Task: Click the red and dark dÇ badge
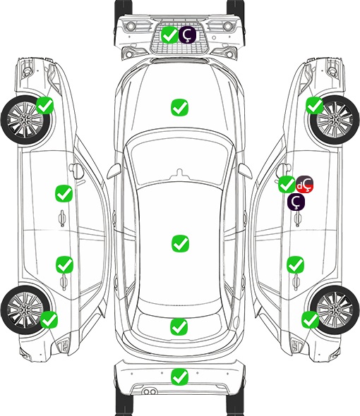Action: point(305,184)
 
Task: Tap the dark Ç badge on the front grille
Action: point(187,35)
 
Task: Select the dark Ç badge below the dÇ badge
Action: point(296,202)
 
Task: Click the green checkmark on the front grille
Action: point(169,35)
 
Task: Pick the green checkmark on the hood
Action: point(179,107)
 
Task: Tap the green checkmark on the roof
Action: point(180,243)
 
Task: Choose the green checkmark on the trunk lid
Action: point(179,326)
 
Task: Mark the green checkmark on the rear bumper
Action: point(179,377)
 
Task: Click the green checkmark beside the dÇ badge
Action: point(287,184)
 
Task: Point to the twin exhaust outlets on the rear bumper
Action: point(150,391)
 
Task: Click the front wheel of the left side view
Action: point(26,120)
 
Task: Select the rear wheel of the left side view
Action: point(25,310)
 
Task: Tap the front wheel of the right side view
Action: point(335,120)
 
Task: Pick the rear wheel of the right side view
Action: point(335,310)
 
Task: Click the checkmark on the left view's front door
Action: point(64,193)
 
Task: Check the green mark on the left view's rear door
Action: point(64,264)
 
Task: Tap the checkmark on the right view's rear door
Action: point(295,264)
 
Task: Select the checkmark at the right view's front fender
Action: point(315,105)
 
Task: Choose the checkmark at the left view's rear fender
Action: point(49,319)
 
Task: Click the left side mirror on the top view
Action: point(114,171)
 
